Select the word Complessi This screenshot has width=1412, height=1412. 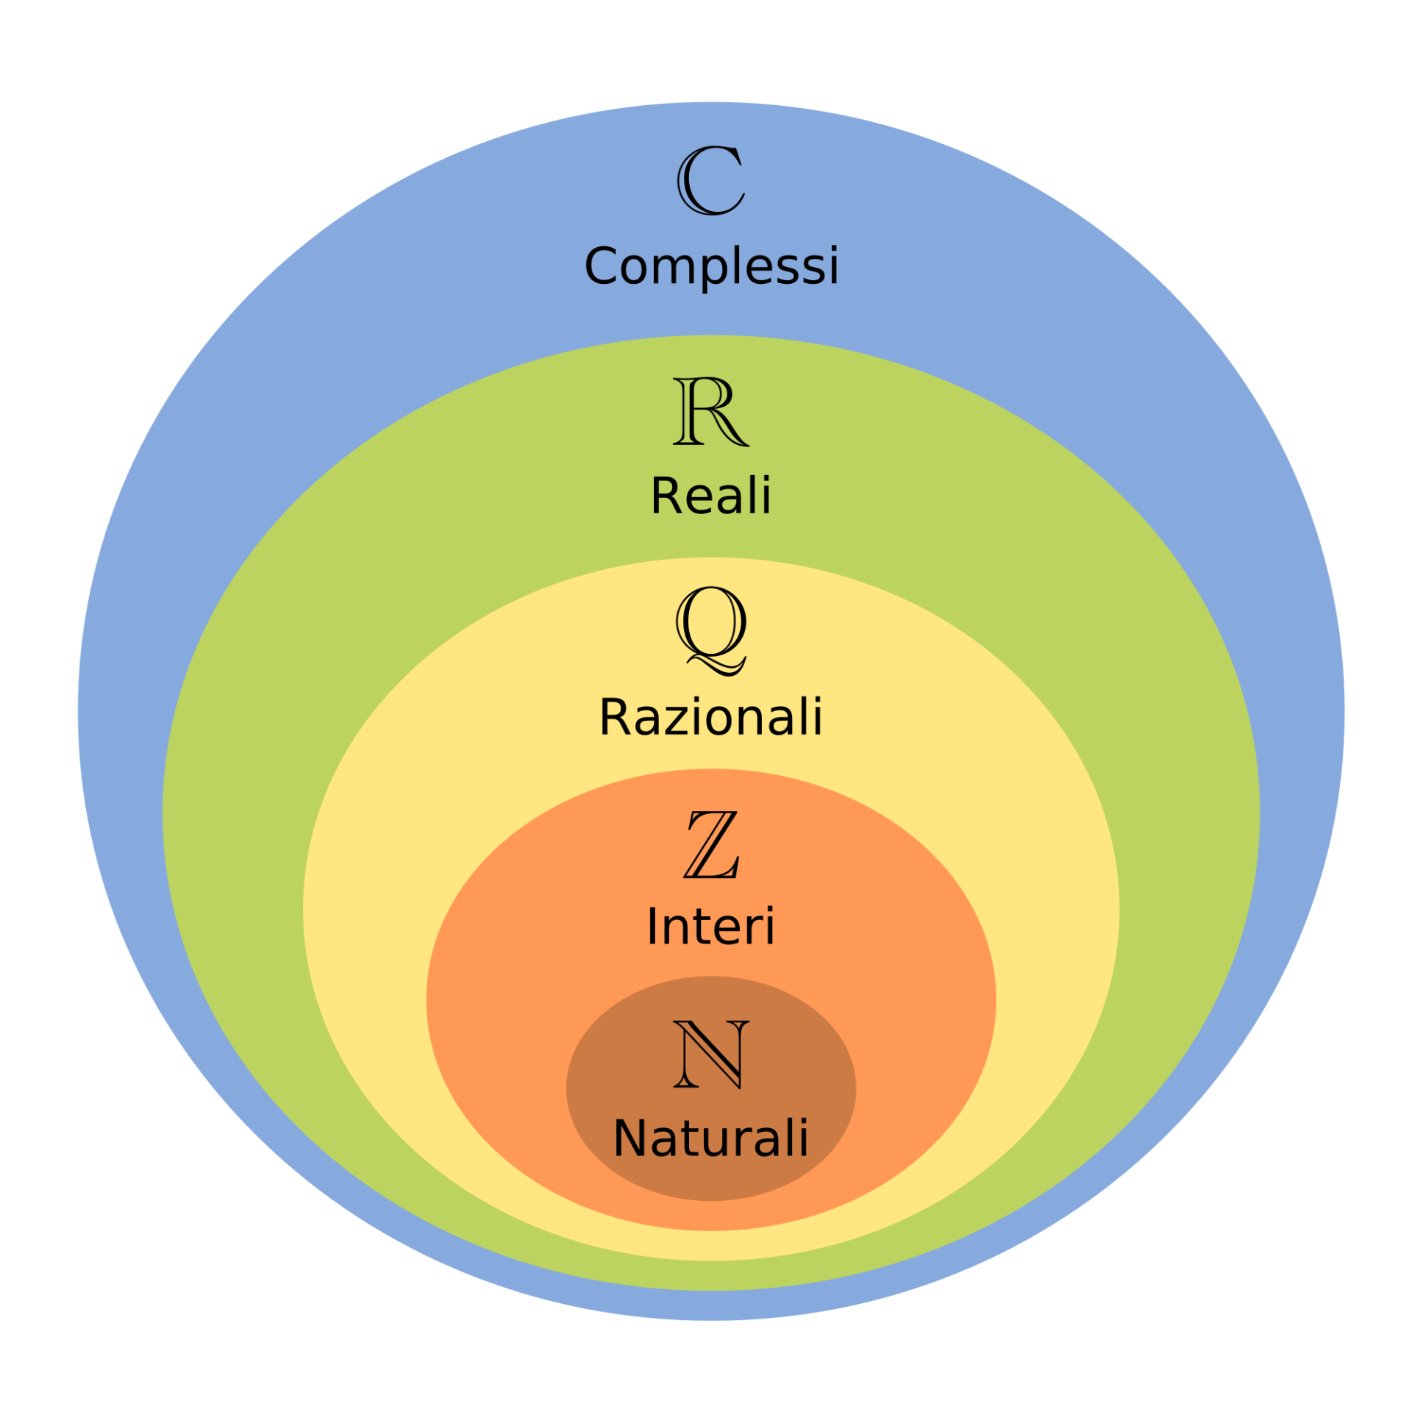(711, 266)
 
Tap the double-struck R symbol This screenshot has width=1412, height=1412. (710, 410)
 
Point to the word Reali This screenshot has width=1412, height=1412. (711, 495)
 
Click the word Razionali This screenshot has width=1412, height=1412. (710, 716)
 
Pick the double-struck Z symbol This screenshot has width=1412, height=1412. (711, 844)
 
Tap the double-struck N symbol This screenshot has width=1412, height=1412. (711, 1055)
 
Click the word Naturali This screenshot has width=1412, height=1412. (710, 1138)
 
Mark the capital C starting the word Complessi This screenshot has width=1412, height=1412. (601, 265)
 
